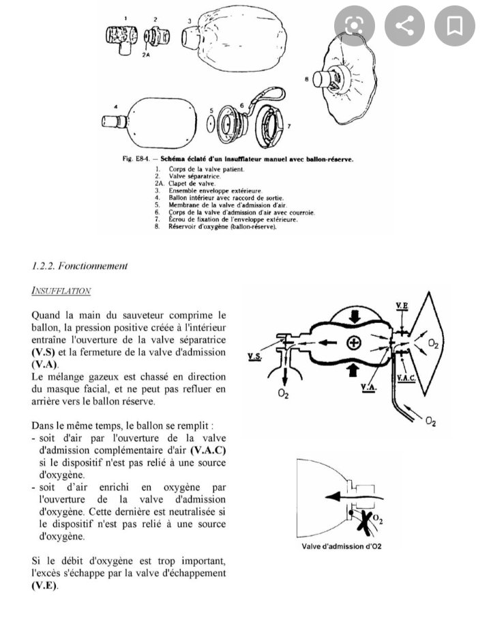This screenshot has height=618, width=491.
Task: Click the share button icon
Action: coord(404,26)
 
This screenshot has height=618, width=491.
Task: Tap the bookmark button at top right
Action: coord(455,26)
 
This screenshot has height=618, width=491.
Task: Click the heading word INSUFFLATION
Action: coord(61,291)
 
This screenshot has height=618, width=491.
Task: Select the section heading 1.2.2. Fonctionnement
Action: coord(80,266)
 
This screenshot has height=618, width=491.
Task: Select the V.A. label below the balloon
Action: coord(369,388)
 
